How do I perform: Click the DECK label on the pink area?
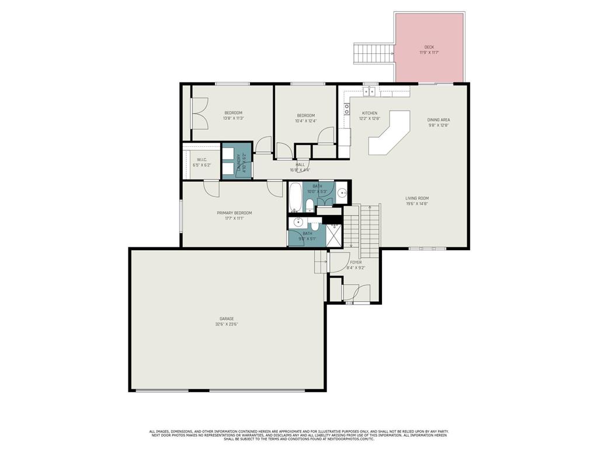tap(429, 47)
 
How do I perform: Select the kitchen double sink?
tap(369, 92)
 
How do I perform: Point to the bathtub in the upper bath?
tap(295, 197)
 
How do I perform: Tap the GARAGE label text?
tap(227, 319)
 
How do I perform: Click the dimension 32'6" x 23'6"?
tap(227, 324)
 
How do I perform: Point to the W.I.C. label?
tap(201, 160)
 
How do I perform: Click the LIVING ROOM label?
tap(417, 198)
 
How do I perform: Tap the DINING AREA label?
tap(438, 120)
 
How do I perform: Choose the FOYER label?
tap(355, 263)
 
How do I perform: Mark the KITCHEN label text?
tap(369, 113)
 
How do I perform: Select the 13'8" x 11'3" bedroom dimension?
tap(233, 118)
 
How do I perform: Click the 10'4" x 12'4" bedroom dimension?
tap(305, 121)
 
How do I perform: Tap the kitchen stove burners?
tap(346, 108)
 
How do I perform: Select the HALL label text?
tap(300, 165)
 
